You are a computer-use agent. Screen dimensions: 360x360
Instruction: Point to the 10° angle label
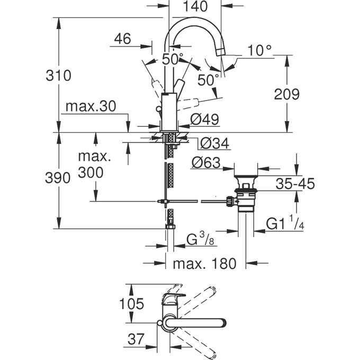(259, 50)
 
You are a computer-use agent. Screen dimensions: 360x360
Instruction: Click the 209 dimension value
(287, 94)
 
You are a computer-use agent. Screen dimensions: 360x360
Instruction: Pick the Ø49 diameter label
(204, 120)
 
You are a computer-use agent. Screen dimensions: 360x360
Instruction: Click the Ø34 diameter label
(215, 143)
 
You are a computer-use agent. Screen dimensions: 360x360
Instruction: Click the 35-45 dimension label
(295, 184)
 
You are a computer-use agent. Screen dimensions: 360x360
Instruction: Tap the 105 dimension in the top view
(131, 304)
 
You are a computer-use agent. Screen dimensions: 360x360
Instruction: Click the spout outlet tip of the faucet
(222, 52)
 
